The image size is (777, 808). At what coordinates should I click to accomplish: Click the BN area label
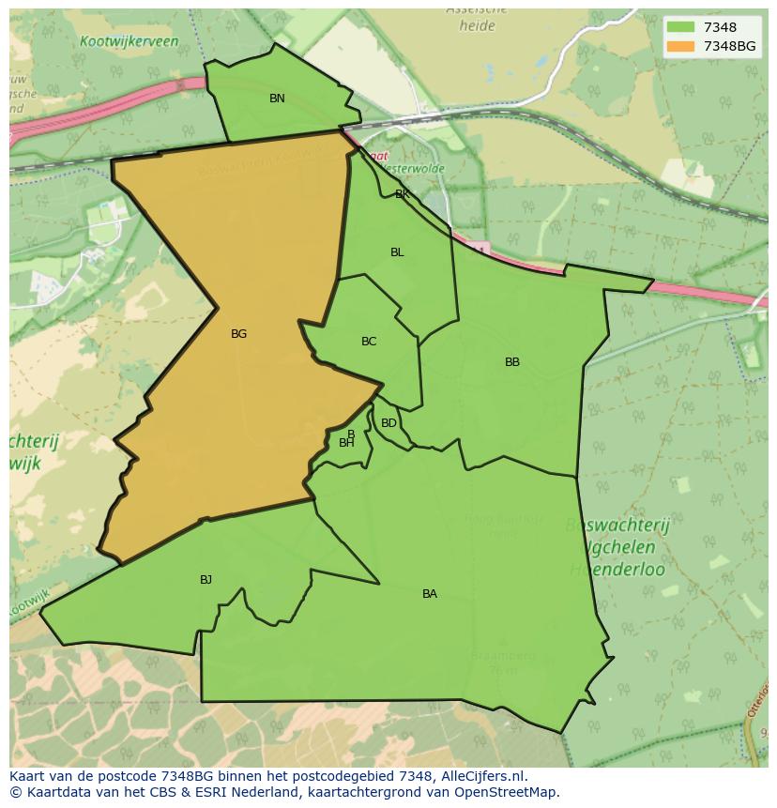[x=277, y=99]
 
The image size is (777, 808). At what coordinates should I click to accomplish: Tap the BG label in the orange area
[x=238, y=334]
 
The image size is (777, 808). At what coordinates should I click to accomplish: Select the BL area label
[x=397, y=252]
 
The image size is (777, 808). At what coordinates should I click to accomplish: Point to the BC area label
[x=369, y=342]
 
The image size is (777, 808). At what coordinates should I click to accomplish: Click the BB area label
[x=512, y=362]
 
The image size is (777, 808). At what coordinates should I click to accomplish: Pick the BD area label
[x=388, y=423]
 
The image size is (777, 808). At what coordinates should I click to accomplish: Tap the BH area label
[x=346, y=443]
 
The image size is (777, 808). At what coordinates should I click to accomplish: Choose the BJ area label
[x=206, y=580]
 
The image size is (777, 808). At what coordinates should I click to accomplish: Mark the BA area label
[x=430, y=594]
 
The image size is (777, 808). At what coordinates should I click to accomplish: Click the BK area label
[x=402, y=195]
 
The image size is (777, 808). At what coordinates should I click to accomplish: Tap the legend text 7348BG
[x=729, y=46]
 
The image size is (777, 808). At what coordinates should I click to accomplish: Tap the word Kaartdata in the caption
[x=54, y=792]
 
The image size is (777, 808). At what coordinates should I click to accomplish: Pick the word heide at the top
[x=477, y=26]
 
